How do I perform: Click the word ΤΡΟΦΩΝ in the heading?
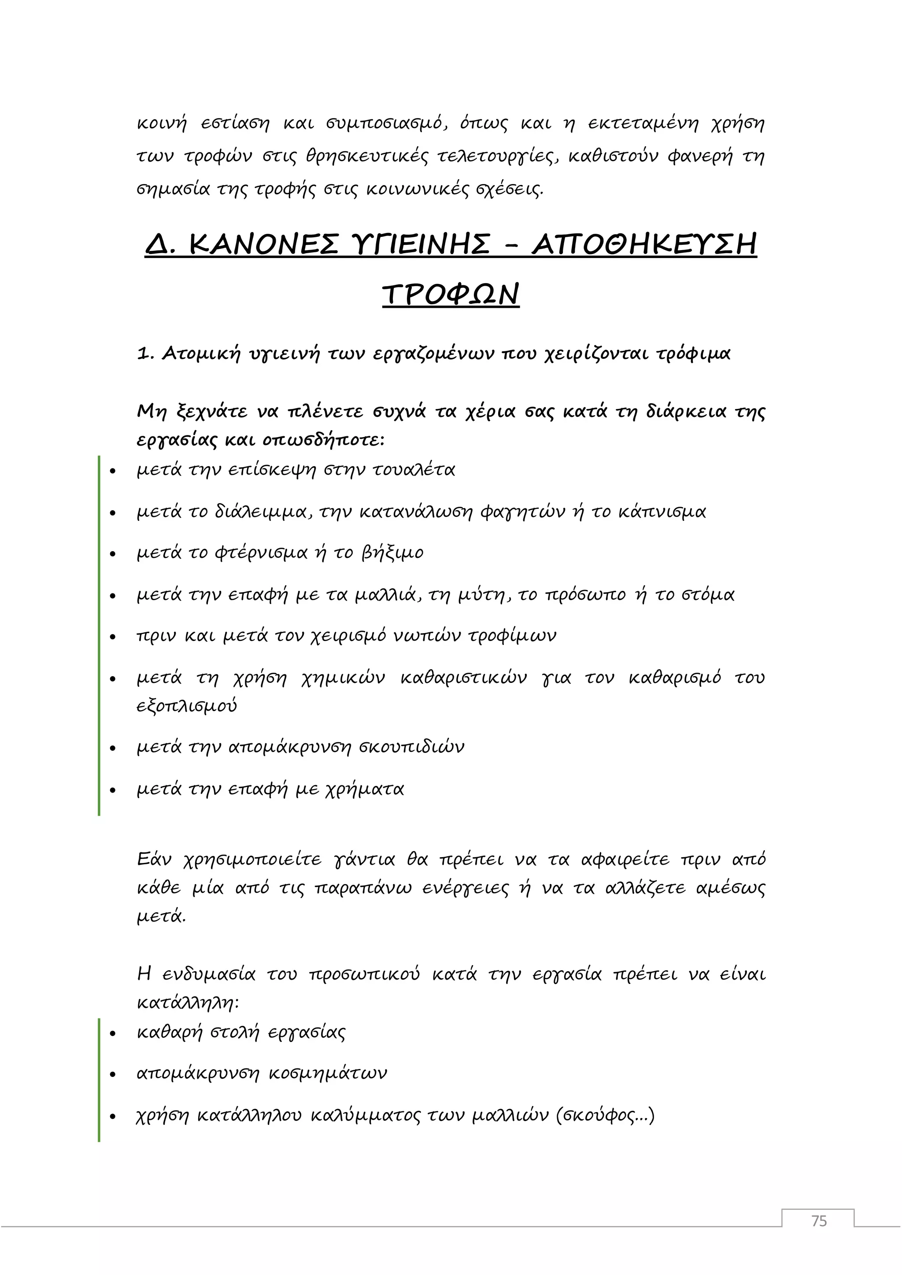[x=451, y=295]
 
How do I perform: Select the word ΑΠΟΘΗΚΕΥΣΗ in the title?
[x=644, y=245]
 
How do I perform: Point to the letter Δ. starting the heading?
[x=160, y=245]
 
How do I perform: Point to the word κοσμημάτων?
[x=327, y=1073]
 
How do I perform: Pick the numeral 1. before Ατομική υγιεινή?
[x=145, y=354]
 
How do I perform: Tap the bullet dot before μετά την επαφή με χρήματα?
[x=113, y=790]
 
